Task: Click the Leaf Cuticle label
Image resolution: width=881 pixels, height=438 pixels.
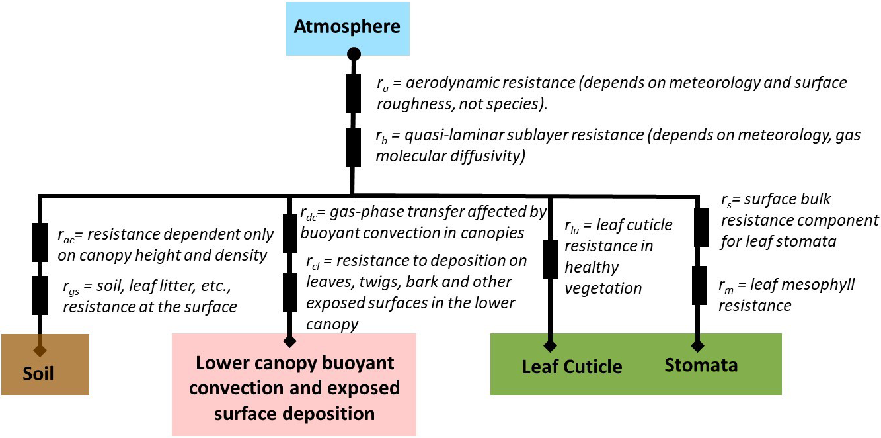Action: tap(572, 367)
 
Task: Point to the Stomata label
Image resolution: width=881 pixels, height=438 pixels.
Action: tap(701, 365)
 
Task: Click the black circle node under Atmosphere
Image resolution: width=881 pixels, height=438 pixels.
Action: tap(354, 54)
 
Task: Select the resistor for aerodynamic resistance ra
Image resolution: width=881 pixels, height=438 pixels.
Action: tap(354, 93)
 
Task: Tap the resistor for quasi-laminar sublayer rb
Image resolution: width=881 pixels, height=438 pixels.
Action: tap(354, 147)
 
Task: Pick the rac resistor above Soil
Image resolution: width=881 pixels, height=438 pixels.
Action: tap(40, 242)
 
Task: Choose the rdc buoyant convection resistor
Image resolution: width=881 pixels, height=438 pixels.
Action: tap(289, 233)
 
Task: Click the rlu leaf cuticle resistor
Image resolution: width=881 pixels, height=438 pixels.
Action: tap(550, 259)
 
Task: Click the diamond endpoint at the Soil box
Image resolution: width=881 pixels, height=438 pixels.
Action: tap(40, 350)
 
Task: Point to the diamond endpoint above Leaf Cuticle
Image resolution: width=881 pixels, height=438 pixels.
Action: tap(550, 345)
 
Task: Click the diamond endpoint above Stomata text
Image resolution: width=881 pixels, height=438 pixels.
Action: tap(697, 345)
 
